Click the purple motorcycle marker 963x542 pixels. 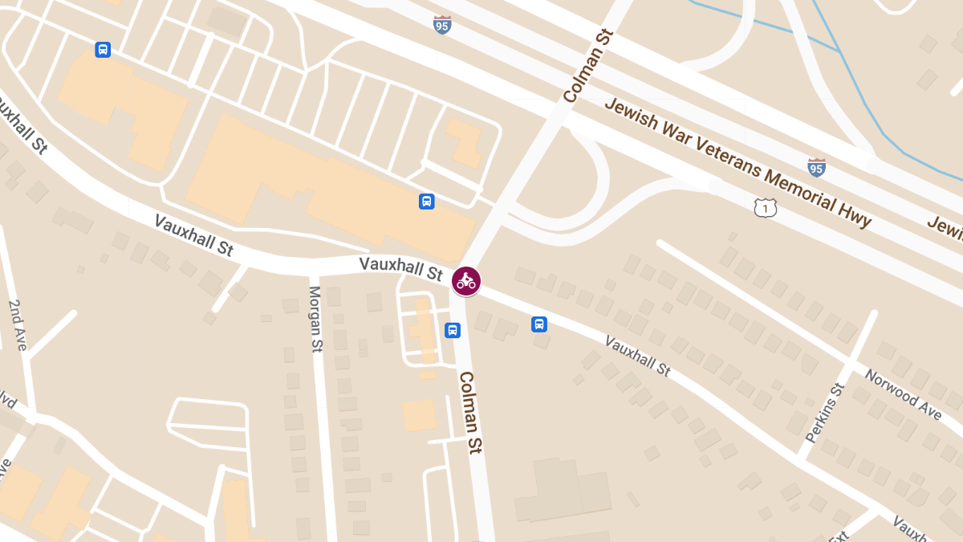(x=465, y=281)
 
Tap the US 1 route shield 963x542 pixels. (x=765, y=207)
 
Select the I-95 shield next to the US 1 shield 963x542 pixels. (x=816, y=167)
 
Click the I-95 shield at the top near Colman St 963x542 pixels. (x=442, y=24)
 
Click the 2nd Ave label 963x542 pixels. (x=18, y=324)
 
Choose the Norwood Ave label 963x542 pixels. (x=902, y=393)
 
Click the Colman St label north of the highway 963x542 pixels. (x=588, y=67)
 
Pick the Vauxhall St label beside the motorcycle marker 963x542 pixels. (x=400, y=268)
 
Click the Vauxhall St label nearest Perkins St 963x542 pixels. (x=637, y=357)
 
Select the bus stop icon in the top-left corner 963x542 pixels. (x=103, y=50)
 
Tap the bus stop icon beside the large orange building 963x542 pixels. (x=427, y=202)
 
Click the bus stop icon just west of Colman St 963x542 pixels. (x=453, y=330)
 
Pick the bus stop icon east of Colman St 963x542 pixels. (x=539, y=324)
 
